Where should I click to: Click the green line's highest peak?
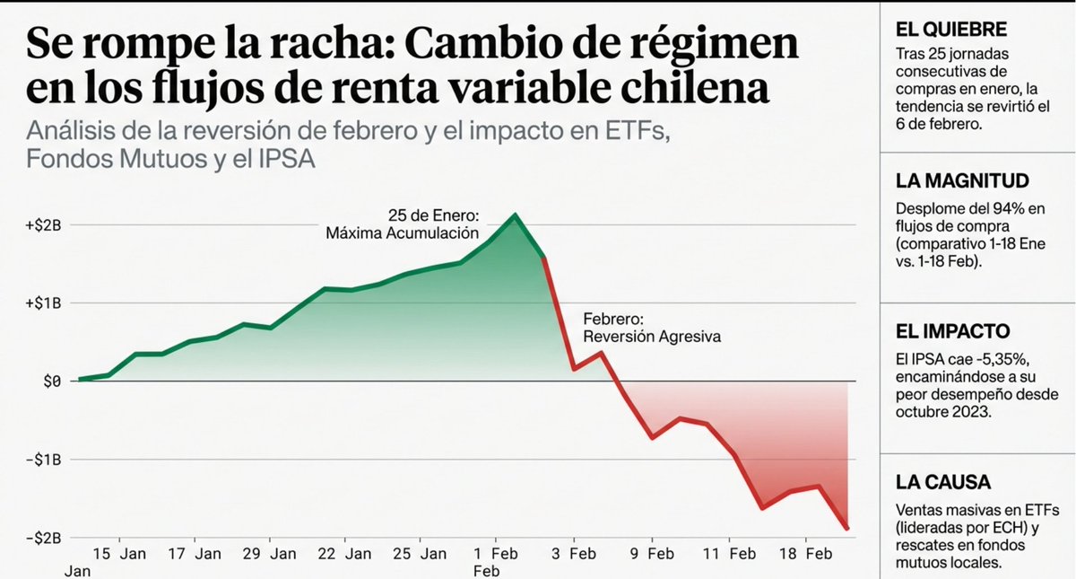[x=515, y=215]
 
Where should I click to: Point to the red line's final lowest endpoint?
[x=846, y=529]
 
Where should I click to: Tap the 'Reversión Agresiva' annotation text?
[x=652, y=337]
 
